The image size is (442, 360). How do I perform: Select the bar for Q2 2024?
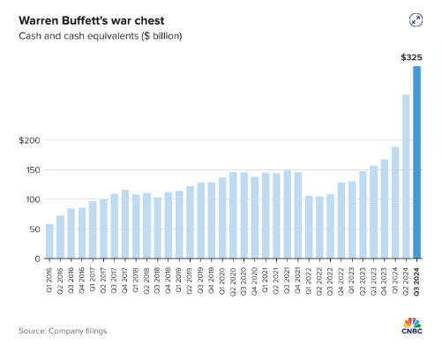click(x=406, y=176)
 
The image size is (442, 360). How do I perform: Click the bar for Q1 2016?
click(x=49, y=242)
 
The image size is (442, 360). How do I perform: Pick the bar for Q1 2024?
click(x=395, y=203)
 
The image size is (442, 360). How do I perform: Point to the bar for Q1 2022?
click(x=308, y=228)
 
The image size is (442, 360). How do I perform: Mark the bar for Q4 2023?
click(x=384, y=209)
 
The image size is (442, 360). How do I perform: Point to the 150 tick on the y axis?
click(x=31, y=170)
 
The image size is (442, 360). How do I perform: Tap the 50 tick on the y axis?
click(x=34, y=229)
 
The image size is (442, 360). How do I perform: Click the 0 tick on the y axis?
click(x=36, y=259)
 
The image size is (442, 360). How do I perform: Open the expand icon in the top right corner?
click(x=416, y=20)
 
